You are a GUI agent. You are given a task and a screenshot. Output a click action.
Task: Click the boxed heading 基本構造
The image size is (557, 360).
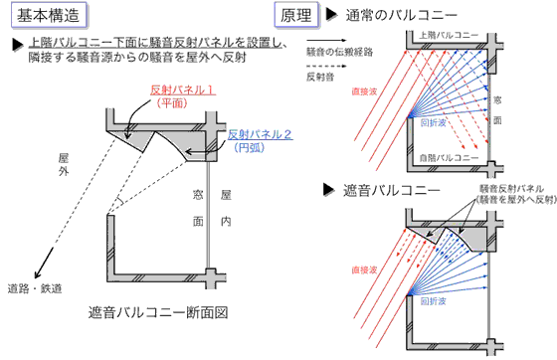pos(46,16)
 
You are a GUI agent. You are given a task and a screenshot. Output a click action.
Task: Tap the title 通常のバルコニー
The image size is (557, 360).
pos(398,16)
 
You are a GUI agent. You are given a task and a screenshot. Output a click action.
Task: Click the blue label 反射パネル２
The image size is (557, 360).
pos(258,133)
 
